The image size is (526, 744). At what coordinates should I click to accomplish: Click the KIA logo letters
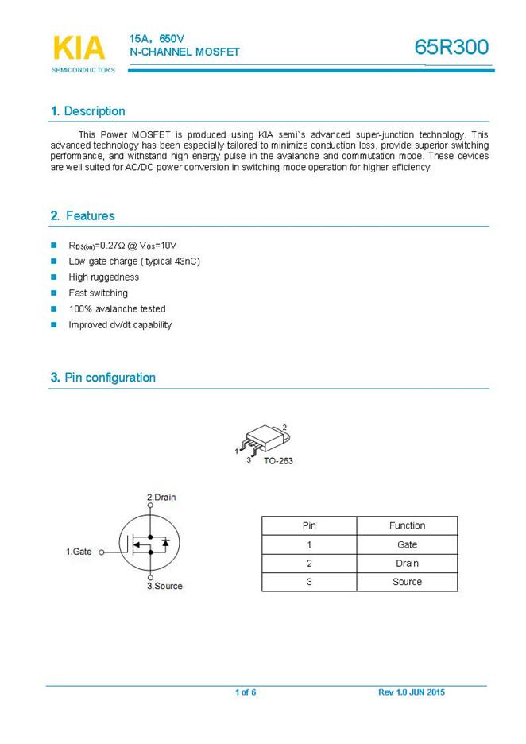(x=79, y=48)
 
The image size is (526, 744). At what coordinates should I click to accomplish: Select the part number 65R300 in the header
(x=451, y=48)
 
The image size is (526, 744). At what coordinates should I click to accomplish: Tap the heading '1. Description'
(x=87, y=111)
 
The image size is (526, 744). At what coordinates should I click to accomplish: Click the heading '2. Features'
(x=83, y=216)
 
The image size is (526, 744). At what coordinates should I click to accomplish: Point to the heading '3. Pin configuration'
(x=102, y=378)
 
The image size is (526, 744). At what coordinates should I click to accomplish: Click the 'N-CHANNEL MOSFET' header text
(x=184, y=52)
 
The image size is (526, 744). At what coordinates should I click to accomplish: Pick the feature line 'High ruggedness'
(x=103, y=277)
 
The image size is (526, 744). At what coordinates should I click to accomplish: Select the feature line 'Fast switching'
(x=98, y=293)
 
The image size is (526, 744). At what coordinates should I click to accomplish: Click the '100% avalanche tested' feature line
(x=117, y=309)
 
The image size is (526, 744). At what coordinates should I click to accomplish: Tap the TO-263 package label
(x=278, y=461)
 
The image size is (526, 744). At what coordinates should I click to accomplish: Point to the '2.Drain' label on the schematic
(x=161, y=498)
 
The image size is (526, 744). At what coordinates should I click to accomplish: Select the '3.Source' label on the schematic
(x=164, y=587)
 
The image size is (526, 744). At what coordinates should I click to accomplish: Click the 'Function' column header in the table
(x=407, y=525)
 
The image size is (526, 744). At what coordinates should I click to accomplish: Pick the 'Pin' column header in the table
(x=309, y=525)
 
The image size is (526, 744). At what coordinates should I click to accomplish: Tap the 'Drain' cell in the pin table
(x=407, y=564)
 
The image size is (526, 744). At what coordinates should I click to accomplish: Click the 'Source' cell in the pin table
(x=407, y=582)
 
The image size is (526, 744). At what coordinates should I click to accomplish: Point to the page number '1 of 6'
(x=246, y=692)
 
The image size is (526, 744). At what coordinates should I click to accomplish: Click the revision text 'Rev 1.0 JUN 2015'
(x=412, y=692)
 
